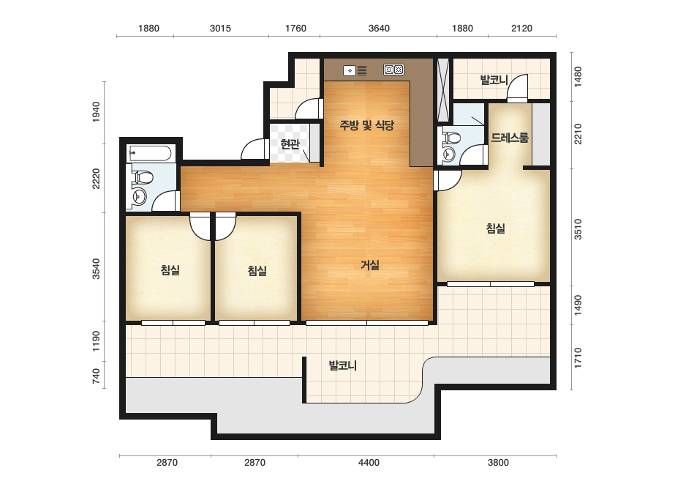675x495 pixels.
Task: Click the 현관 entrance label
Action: [290, 144]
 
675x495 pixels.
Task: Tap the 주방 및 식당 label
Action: [367, 125]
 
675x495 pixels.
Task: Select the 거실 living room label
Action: [370, 265]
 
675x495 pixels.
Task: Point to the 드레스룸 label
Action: [510, 138]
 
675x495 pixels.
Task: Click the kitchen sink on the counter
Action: [355, 70]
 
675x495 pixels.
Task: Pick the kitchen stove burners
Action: [393, 70]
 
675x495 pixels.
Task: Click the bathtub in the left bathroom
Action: [151, 154]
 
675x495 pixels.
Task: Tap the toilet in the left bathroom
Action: [143, 177]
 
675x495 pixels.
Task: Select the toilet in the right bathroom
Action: [450, 138]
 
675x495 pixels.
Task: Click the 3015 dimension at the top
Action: [220, 29]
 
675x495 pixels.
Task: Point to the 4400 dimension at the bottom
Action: [369, 463]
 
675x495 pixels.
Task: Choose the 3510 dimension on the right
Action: [578, 229]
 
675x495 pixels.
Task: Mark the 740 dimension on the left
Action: [96, 376]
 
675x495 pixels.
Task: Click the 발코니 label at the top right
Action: [494, 80]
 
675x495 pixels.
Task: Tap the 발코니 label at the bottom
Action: [343, 365]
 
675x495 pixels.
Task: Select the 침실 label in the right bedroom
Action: [496, 228]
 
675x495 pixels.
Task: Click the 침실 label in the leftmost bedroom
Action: [170, 270]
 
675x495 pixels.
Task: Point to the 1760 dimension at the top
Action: [295, 29]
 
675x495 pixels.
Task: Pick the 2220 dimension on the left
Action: [96, 179]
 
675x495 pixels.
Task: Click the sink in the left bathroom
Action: [139, 198]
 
